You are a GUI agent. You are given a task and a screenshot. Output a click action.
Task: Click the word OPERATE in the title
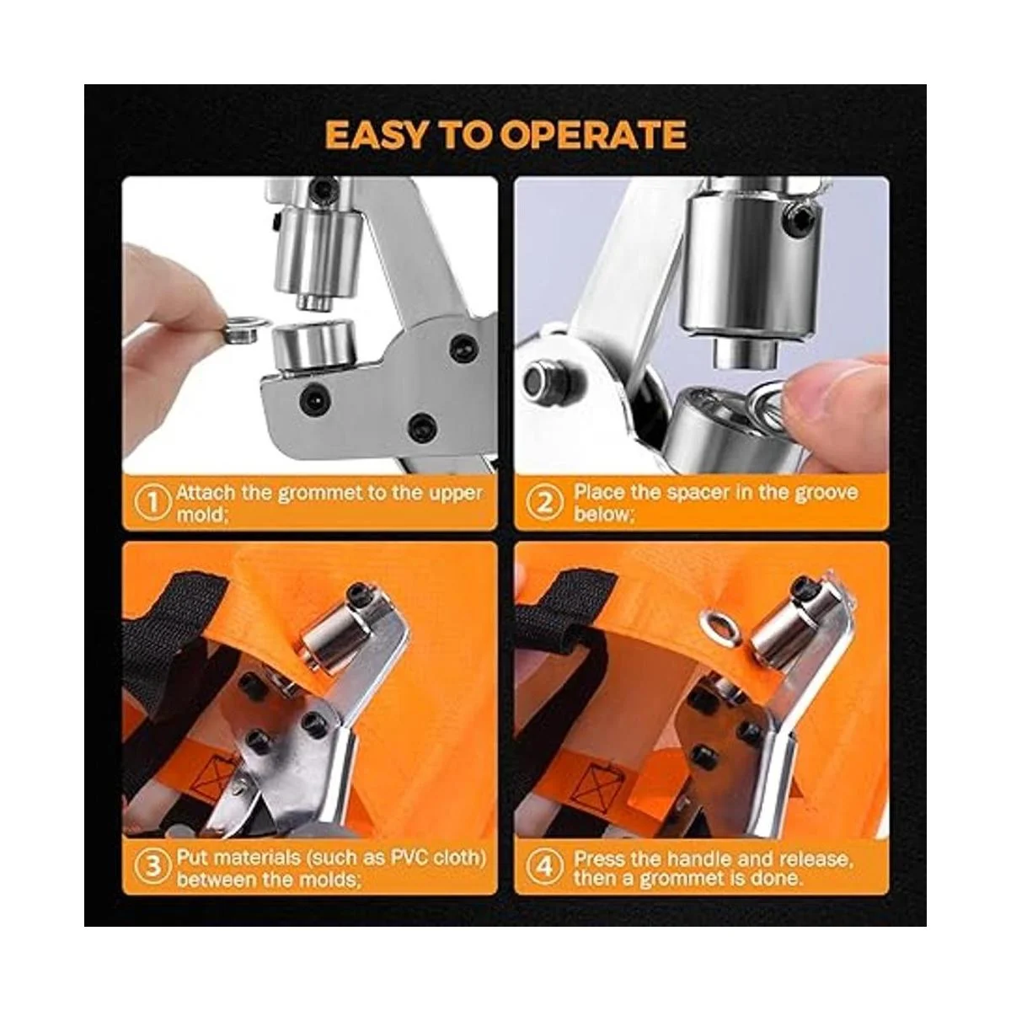click(593, 136)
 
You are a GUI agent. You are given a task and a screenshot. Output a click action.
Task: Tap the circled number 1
click(152, 503)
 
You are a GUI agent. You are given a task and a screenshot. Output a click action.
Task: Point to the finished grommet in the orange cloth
click(717, 623)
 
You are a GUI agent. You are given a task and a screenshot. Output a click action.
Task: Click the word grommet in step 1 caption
click(319, 494)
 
